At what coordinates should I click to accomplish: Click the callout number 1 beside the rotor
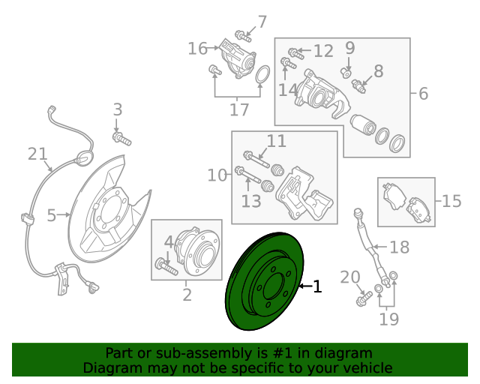317,286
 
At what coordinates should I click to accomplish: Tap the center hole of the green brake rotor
273,287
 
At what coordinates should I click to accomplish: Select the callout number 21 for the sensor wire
37,154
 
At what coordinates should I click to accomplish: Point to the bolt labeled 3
121,138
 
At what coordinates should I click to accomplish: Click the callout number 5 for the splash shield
52,215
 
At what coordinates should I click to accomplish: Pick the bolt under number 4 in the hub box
166,266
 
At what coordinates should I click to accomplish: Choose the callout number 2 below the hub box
187,295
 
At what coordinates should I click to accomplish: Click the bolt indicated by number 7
243,36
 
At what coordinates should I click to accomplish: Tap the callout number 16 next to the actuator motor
197,49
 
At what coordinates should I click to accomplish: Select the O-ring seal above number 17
262,74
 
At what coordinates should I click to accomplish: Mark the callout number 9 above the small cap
350,48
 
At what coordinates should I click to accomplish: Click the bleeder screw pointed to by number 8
358,86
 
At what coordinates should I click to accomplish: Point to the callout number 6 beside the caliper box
423,94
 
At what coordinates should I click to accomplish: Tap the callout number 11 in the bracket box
277,141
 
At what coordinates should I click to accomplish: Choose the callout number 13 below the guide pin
251,202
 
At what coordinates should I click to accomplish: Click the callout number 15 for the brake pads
451,201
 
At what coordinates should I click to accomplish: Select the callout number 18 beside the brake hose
399,247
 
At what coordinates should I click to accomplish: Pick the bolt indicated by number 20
364,298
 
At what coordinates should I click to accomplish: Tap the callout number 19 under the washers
388,319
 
